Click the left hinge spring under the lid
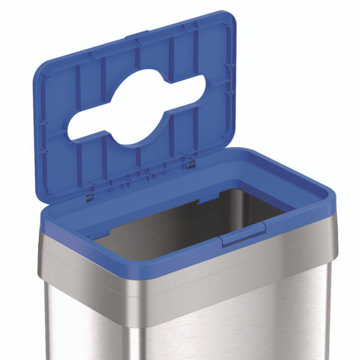[x=89, y=197]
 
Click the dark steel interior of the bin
[x=187, y=227]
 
